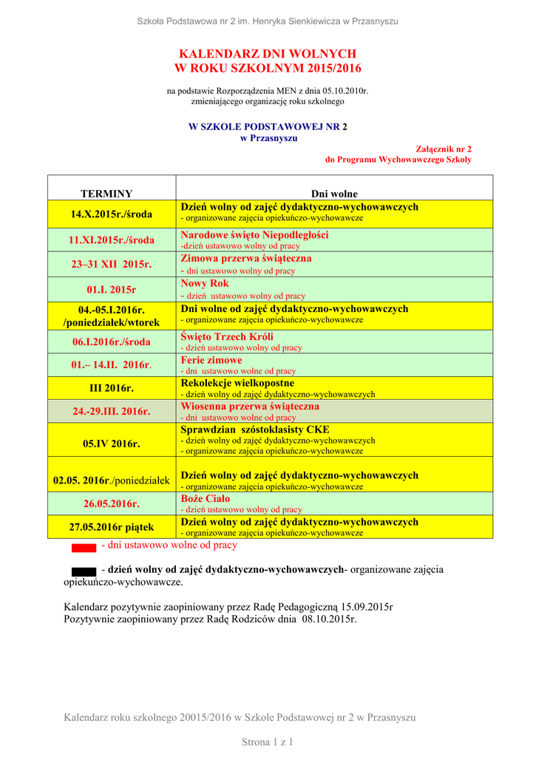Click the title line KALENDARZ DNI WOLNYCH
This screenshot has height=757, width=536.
[268, 54]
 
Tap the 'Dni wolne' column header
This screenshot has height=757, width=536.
[334, 194]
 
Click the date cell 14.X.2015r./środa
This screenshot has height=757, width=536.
[112, 214]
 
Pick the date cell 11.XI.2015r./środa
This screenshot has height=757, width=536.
[112, 240]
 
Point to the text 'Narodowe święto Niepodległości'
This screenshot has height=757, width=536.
[255, 235]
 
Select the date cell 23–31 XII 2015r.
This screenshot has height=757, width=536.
[112, 264]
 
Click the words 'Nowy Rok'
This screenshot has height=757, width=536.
[205, 284]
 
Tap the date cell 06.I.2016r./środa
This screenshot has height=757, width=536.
[112, 342]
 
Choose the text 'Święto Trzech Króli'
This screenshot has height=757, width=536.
[227, 337]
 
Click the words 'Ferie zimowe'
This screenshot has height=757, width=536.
[211, 360]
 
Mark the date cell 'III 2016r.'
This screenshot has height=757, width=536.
[112, 388]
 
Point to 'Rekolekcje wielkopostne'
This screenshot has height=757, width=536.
[237, 384]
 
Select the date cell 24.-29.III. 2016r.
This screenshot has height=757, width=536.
[112, 411]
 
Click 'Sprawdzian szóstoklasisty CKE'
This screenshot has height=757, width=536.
[255, 430]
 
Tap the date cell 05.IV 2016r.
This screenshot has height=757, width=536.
[112, 444]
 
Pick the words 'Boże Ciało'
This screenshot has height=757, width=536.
[206, 499]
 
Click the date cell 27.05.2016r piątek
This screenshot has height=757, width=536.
[112, 526]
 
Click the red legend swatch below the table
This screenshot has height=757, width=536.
[84, 548]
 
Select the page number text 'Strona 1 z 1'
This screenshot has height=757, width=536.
[268, 741]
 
